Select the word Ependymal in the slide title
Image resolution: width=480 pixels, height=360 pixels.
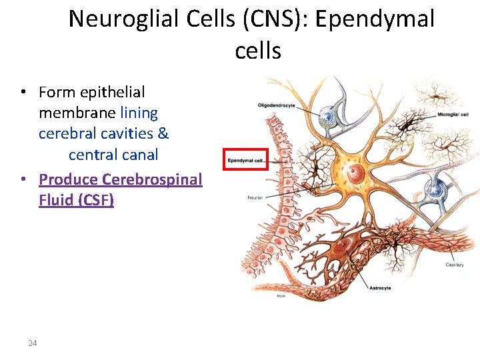[x=375, y=19]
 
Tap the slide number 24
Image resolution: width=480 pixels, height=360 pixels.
[x=33, y=343]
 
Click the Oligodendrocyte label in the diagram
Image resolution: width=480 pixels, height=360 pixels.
[x=276, y=105]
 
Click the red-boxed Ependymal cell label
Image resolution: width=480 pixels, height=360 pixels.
[x=245, y=160]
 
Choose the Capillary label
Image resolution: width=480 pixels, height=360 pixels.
[x=455, y=265]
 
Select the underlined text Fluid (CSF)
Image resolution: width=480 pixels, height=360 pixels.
[x=76, y=200]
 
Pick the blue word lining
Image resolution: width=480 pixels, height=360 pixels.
[x=139, y=113]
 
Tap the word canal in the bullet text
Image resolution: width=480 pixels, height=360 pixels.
[x=141, y=155]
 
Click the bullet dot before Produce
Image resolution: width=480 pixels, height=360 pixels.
[x=23, y=179]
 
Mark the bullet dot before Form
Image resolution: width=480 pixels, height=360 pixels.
[x=23, y=92]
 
